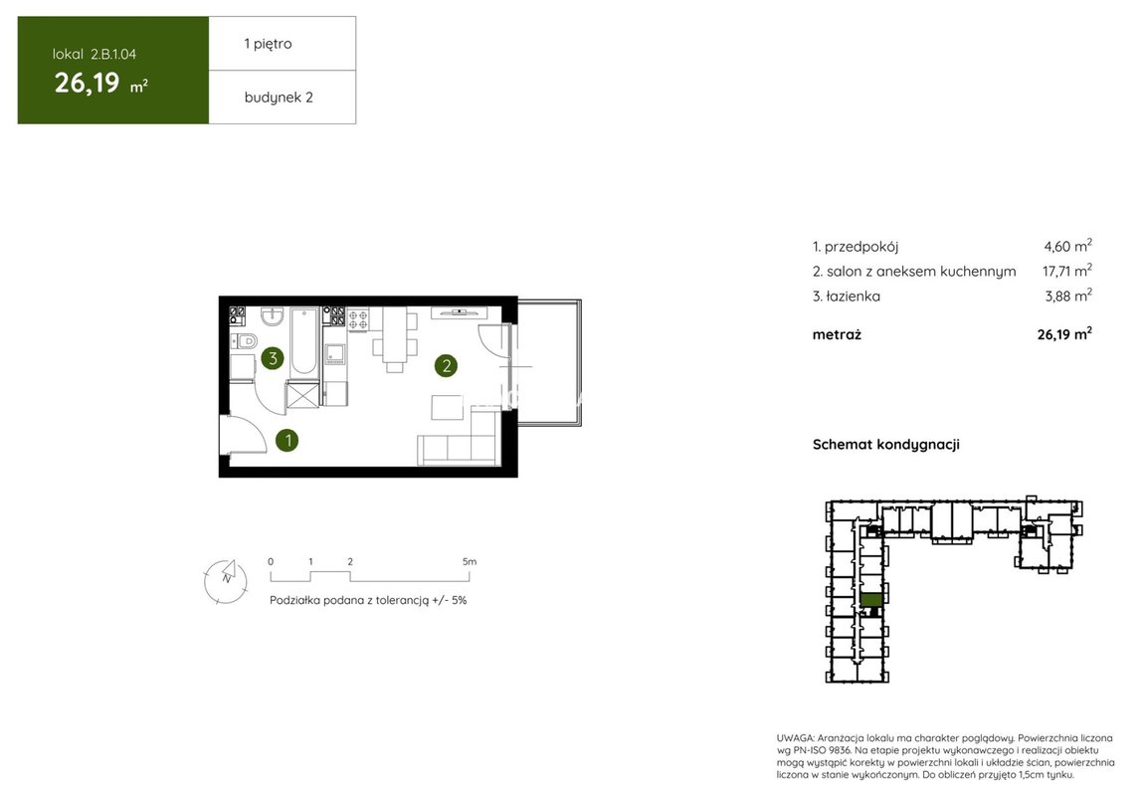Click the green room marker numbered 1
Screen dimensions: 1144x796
coord(287,440)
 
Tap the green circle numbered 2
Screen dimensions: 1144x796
coord(446,365)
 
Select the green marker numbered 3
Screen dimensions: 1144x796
coord(273,357)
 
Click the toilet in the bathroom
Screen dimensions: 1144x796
coord(245,340)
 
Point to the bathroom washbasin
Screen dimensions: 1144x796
coord(273,316)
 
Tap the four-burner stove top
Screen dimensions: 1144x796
coord(358,319)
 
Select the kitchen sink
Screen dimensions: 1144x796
coord(335,354)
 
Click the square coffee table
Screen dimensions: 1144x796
coord(447,407)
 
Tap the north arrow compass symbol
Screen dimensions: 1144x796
coord(226,581)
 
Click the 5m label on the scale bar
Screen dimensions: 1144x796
coord(470,562)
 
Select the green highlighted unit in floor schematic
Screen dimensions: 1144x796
coord(871,600)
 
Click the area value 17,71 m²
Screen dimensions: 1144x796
coord(1066,271)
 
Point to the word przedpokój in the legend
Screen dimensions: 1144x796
coord(860,247)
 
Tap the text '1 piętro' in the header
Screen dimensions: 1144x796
coord(268,44)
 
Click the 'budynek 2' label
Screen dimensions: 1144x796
coord(279,98)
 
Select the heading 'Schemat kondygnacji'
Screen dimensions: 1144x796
coord(885,445)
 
